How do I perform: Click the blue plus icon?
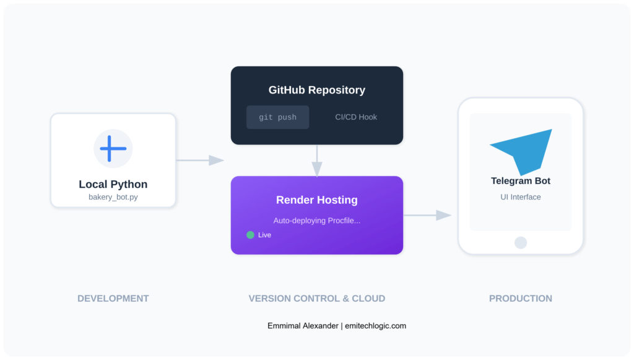tap(113, 149)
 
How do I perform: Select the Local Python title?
tap(113, 184)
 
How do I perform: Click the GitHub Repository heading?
tap(316, 90)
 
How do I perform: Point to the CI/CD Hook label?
tap(356, 117)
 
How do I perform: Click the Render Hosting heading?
tap(316, 200)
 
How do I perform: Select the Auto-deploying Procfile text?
tap(316, 221)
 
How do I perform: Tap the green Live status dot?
tap(250, 235)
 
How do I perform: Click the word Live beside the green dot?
tap(264, 235)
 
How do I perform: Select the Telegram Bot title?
tap(520, 181)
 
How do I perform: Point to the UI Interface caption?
tap(520, 197)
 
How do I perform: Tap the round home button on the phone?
tap(520, 242)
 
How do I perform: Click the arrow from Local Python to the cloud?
tap(200, 160)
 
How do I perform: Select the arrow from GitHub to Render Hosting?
tap(317, 162)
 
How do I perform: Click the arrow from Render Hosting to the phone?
tap(428, 215)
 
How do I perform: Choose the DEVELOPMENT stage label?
tap(113, 298)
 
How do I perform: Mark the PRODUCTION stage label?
tap(520, 298)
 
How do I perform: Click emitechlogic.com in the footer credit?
tap(376, 325)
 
